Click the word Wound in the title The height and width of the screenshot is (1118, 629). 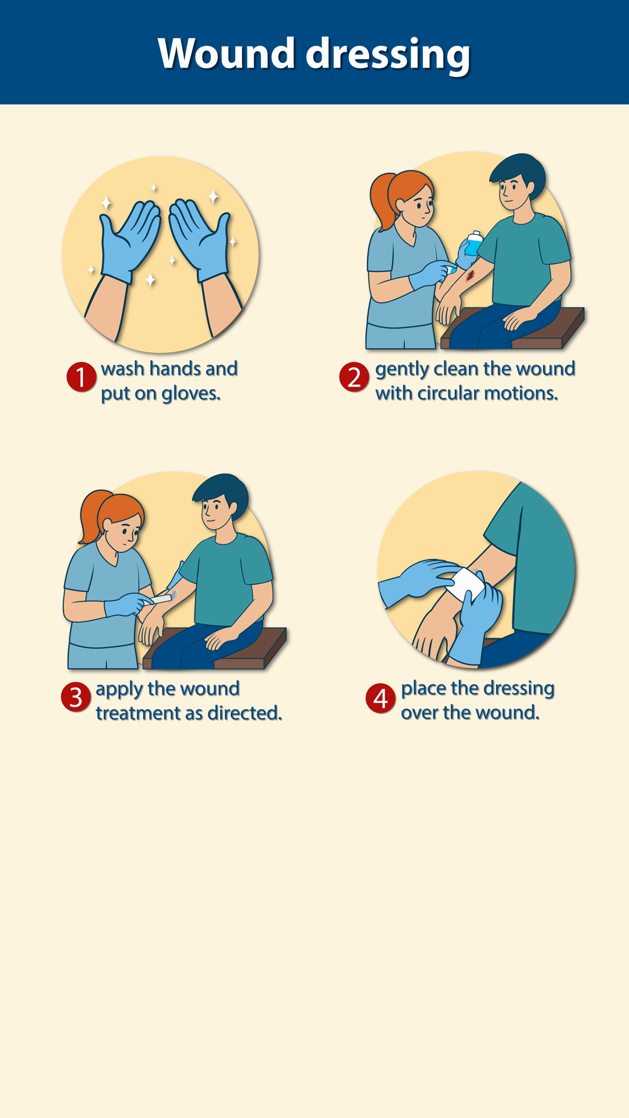[226, 54]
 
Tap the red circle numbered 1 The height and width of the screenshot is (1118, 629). [81, 377]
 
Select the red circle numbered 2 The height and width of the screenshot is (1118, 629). [354, 377]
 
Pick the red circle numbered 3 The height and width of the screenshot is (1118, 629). [76, 697]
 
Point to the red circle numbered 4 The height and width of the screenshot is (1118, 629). [380, 698]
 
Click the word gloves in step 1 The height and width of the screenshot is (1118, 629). [191, 394]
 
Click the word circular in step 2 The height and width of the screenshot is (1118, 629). [448, 393]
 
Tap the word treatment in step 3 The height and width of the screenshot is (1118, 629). [138, 713]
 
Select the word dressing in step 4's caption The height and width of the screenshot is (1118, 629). [518, 689]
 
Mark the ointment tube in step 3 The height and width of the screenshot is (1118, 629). [164, 597]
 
